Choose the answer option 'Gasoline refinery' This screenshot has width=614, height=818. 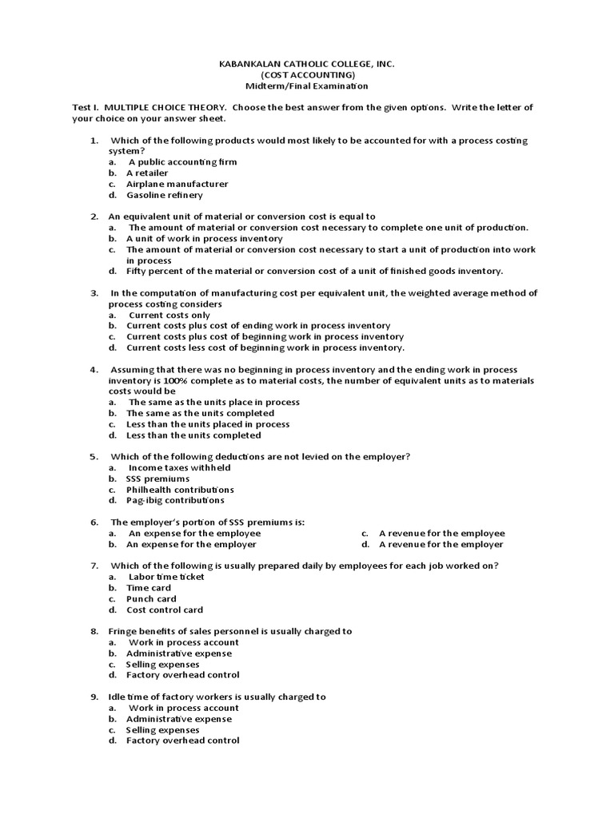[164, 195]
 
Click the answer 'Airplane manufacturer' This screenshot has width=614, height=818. [177, 184]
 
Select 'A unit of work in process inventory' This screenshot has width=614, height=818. [204, 238]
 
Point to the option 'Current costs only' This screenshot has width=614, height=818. [169, 315]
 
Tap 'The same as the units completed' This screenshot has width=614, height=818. [200, 413]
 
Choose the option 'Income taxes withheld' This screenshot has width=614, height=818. [179, 467]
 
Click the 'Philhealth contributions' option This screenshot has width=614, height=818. [180, 490]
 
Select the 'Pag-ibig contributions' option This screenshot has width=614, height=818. [175, 500]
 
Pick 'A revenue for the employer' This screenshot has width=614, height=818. [441, 544]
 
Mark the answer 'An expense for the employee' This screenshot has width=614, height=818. [194, 533]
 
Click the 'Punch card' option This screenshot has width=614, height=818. [151, 598]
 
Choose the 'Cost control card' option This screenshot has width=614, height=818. [165, 610]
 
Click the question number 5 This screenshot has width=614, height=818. [94, 456]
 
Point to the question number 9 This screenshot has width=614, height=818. [94, 697]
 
